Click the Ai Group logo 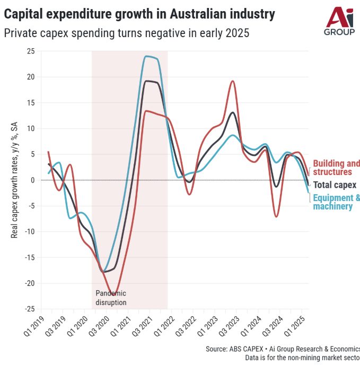point(339,21)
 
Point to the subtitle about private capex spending point(127,33)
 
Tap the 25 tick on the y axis point(31,51)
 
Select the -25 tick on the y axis point(30,309)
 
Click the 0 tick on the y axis point(33,180)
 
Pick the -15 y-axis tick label point(30,257)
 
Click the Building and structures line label point(336,168)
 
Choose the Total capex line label point(335,185)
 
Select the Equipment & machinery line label point(336,202)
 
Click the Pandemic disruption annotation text point(111,298)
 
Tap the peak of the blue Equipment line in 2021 point(147,56)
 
